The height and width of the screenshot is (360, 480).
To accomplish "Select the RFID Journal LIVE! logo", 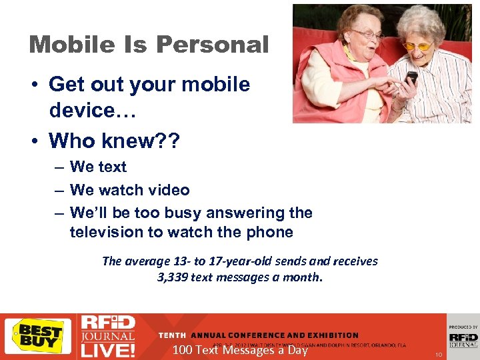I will coord(107,336).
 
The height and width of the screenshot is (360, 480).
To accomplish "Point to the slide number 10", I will coord(439,355).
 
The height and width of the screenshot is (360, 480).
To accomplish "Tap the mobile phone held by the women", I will coord(411,79).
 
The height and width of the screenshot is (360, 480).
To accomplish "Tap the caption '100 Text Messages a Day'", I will coord(239,350).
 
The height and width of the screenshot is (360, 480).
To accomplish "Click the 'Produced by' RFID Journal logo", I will coord(463,337).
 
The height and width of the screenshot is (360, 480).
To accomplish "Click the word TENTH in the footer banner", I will coord(172,335).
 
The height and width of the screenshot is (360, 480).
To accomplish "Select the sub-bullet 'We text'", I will coord(98,167).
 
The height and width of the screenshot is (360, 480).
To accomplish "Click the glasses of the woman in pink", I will coord(367,34).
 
